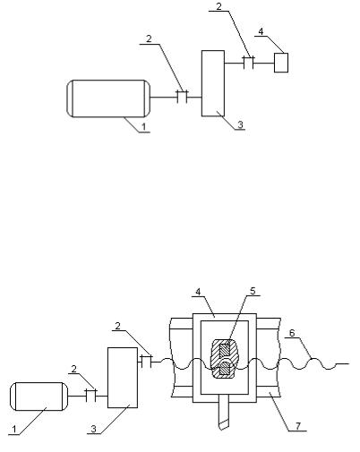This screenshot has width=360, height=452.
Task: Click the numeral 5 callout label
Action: tap(253, 291)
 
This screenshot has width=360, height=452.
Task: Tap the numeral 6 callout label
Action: tap(292, 333)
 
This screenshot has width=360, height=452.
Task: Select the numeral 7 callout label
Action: tap(298, 426)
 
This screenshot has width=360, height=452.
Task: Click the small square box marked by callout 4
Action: tap(281, 63)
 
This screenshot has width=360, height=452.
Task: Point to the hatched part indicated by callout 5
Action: tap(226, 359)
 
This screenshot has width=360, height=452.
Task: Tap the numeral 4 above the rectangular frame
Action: tap(198, 292)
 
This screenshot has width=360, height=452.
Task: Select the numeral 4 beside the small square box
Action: tap(261, 31)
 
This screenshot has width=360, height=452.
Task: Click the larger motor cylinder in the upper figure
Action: tap(108, 98)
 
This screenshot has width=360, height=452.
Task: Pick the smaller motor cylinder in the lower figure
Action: tap(39, 397)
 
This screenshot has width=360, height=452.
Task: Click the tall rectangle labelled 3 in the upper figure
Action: tap(213, 83)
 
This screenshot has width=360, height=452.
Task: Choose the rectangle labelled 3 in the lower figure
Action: tap(123, 378)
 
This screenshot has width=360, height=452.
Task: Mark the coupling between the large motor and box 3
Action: tap(182, 97)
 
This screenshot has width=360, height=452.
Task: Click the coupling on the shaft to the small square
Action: tap(248, 63)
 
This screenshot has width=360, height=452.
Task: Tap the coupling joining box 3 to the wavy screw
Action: tap(146, 361)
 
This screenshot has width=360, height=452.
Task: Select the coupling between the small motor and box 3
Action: tap(91, 396)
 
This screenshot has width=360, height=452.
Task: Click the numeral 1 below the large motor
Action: tap(143, 127)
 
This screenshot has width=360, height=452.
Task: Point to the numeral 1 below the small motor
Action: tap(14, 430)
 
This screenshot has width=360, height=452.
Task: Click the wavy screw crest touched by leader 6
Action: tap(313, 359)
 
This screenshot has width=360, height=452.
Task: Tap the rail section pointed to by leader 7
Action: tap(269, 391)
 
